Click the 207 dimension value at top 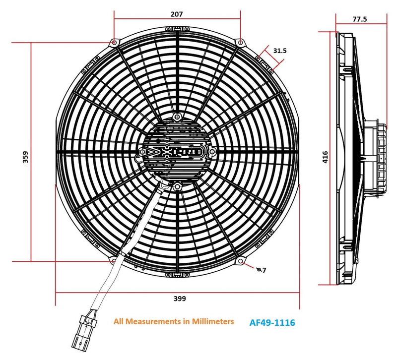[176, 14]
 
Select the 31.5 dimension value [280, 51]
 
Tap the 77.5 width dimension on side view [360, 19]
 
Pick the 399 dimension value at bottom [180, 299]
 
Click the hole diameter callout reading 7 [263, 270]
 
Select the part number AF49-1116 [272, 323]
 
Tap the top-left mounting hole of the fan [115, 43]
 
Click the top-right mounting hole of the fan [240, 42]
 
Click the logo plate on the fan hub [177, 151]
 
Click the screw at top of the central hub [177, 117]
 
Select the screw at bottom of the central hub [177, 186]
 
